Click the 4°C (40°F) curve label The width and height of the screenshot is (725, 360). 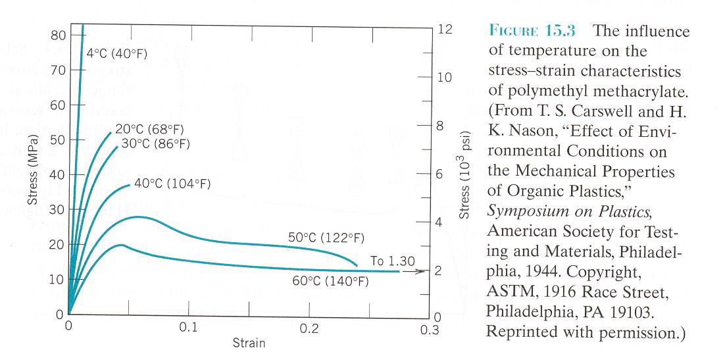click(116, 55)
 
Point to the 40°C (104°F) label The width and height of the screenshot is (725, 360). click(172, 184)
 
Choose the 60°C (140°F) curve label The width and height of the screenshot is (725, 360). click(330, 280)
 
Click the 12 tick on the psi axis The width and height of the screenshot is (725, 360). click(445, 30)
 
